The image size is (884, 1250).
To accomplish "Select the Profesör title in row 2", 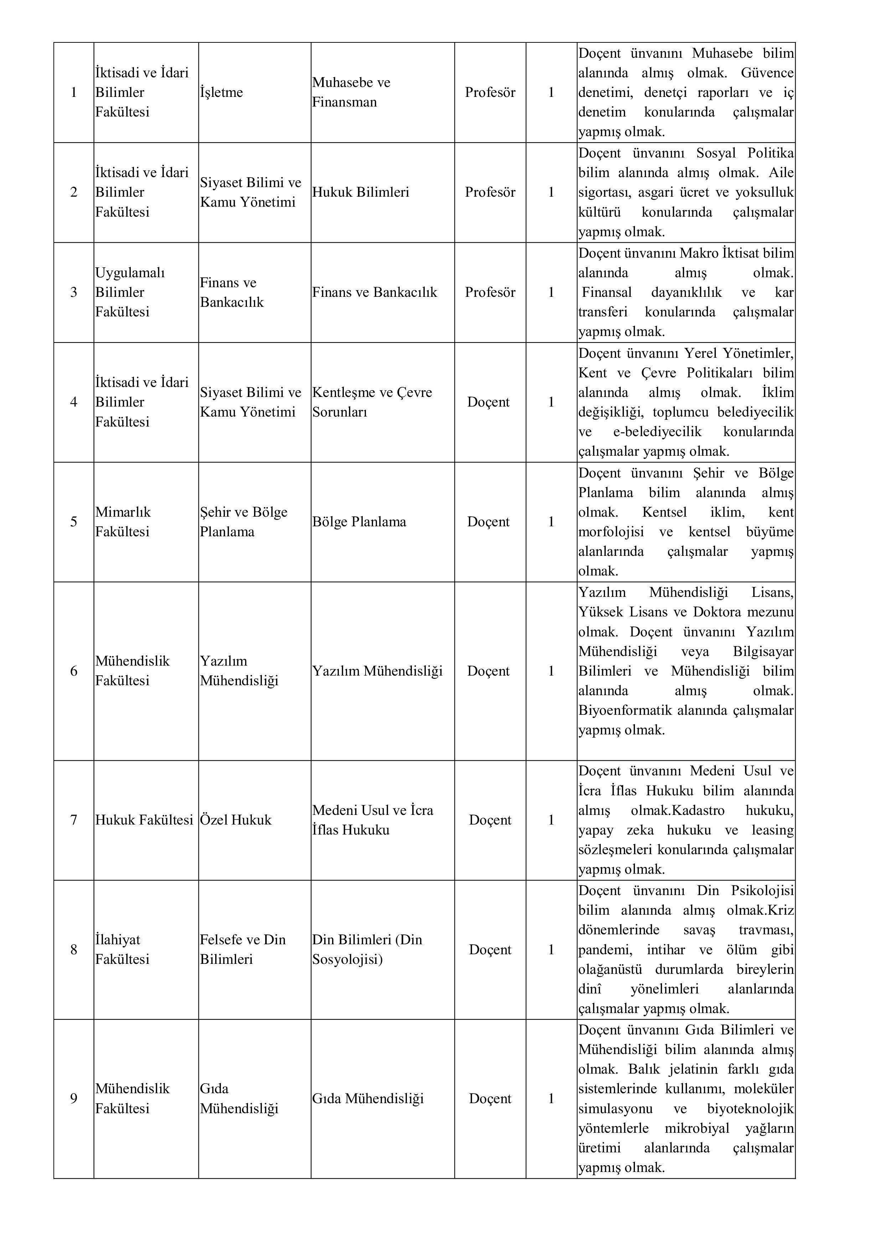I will click(x=490, y=192).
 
